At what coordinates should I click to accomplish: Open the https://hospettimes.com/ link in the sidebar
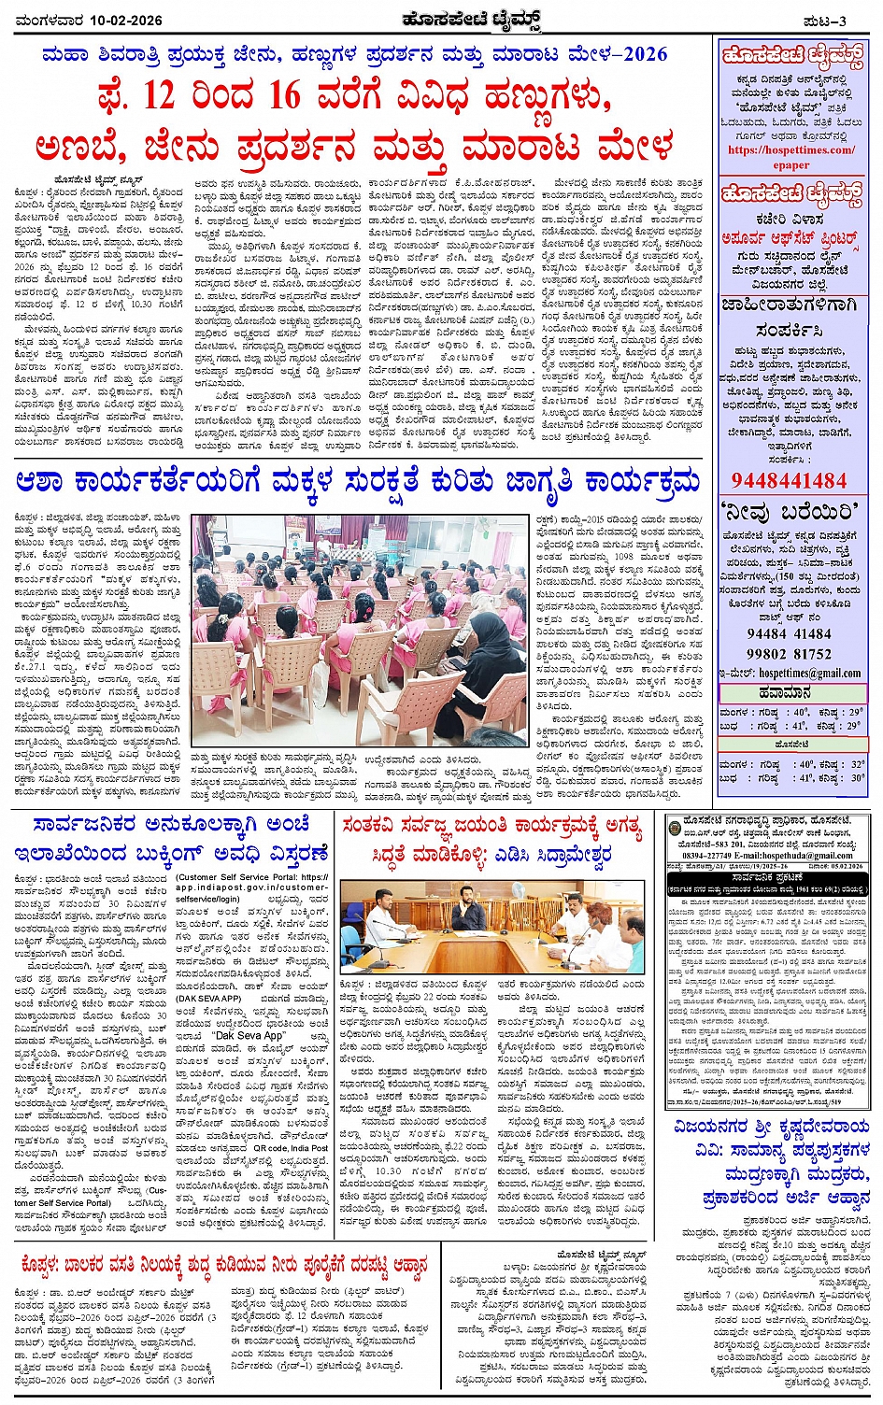tap(791, 149)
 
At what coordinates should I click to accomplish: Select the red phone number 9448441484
tap(790, 481)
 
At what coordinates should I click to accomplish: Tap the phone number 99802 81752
tap(790, 655)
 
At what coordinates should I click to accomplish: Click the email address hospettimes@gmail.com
tap(810, 673)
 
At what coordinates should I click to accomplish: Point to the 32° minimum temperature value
tap(854, 764)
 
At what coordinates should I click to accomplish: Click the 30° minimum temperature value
tap(854, 777)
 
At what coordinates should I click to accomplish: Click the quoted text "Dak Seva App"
tap(247, 1036)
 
